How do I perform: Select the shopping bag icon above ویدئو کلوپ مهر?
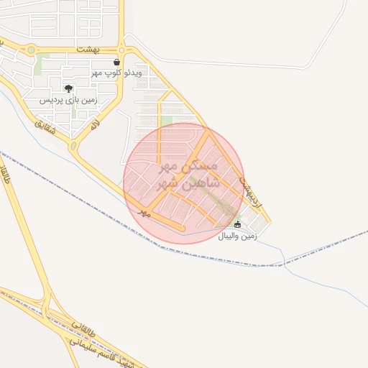[116, 62]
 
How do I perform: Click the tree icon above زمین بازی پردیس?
[68, 88]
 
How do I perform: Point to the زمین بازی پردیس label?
[68, 100]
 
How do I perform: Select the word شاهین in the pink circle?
[190, 184]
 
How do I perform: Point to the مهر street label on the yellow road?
[145, 213]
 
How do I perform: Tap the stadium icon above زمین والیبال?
[238, 225]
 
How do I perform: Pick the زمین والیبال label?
[238, 236]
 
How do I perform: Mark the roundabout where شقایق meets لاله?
[73, 147]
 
